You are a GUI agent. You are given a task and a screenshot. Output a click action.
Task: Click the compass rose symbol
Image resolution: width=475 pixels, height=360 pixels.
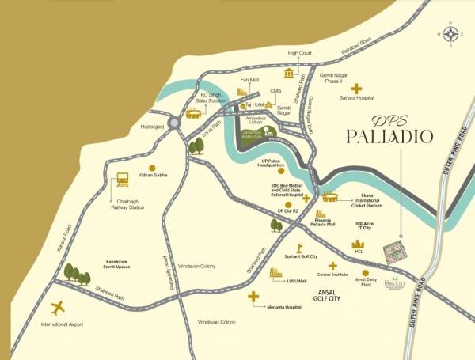click(x=452, y=33)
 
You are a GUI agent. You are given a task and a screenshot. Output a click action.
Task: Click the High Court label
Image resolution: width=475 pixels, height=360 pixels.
click(x=300, y=53)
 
